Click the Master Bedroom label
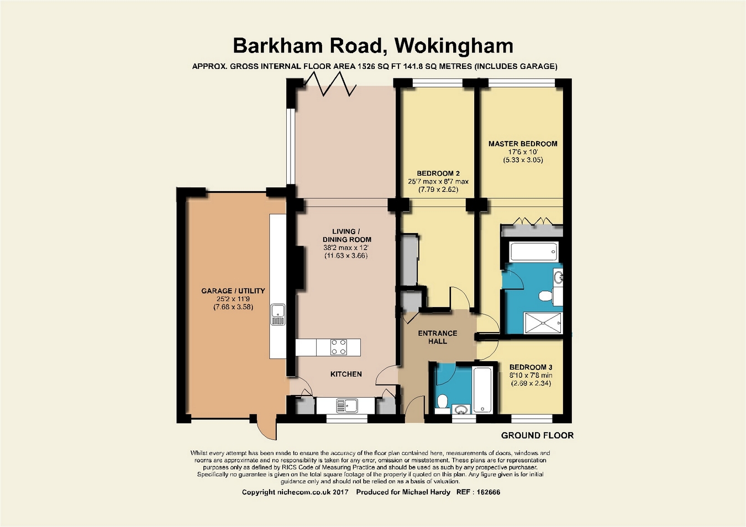[523, 144]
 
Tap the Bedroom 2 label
[438, 173]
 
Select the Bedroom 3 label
[531, 367]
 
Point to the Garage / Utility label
[233, 291]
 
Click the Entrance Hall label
[438, 337]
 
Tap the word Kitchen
[346, 374]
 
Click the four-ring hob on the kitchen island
[338, 347]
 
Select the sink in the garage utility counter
[278, 314]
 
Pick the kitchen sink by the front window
[347, 405]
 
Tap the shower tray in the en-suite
[543, 323]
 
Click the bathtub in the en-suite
[534, 251]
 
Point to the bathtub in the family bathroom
[482, 390]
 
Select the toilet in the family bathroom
[442, 403]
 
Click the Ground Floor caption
[537, 435]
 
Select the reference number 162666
[488, 492]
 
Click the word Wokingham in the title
[454, 46]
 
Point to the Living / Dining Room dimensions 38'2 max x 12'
[346, 247]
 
